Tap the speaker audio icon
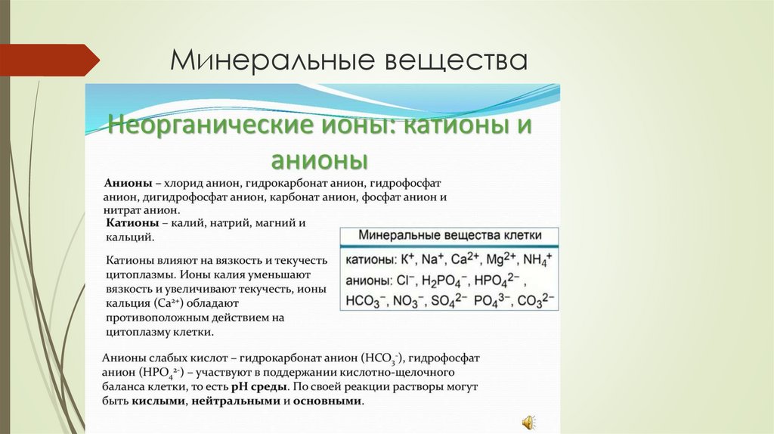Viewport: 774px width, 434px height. tap(527, 421)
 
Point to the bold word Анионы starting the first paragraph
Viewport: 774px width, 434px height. tap(128, 184)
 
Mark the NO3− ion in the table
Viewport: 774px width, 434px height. tap(407, 301)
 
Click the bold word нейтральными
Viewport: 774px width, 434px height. tap(235, 401)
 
